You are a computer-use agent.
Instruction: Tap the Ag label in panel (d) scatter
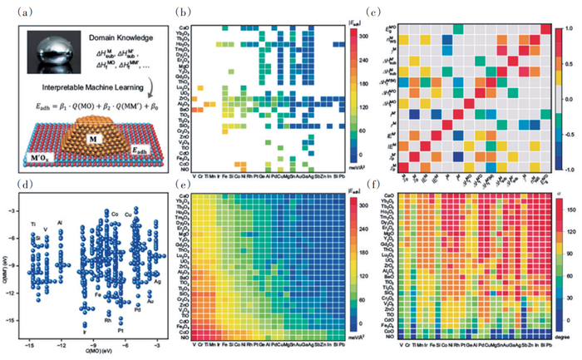click(157, 282)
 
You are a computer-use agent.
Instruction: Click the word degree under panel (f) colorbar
click(560, 339)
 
